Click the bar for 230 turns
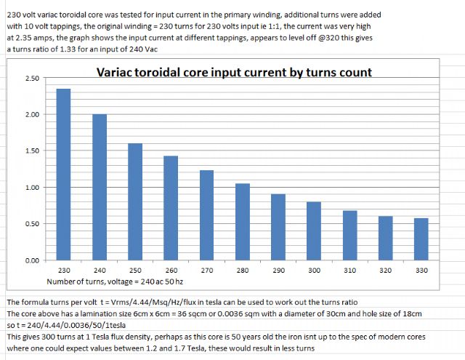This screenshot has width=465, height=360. (x=63, y=175)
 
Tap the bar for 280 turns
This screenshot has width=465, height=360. (x=243, y=222)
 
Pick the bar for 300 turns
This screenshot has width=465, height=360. (x=314, y=231)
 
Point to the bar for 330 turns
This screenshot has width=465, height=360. (x=421, y=239)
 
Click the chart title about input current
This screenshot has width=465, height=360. (x=235, y=72)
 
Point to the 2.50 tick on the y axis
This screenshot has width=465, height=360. (x=32, y=79)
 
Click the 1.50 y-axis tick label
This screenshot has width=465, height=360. (x=32, y=151)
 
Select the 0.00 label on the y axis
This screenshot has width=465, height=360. (x=32, y=260)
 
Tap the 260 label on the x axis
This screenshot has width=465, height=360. (x=171, y=270)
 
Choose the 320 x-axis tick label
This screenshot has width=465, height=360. (x=386, y=270)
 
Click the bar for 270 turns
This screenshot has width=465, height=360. (x=206, y=215)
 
